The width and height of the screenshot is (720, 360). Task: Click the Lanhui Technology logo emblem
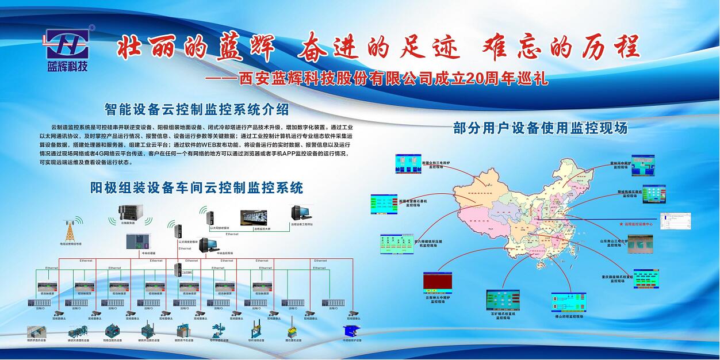[x=68, y=42]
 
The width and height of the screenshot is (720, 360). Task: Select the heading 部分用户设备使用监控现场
[x=540, y=128]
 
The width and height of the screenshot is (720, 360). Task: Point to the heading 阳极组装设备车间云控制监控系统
[x=197, y=187]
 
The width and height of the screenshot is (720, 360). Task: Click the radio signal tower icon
[x=71, y=231]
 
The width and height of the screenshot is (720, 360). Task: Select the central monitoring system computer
[x=208, y=246]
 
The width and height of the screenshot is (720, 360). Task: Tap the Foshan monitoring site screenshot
[x=568, y=302]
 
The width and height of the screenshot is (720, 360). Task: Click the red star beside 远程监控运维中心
[x=621, y=222]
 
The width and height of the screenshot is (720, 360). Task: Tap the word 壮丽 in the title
[x=138, y=48]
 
